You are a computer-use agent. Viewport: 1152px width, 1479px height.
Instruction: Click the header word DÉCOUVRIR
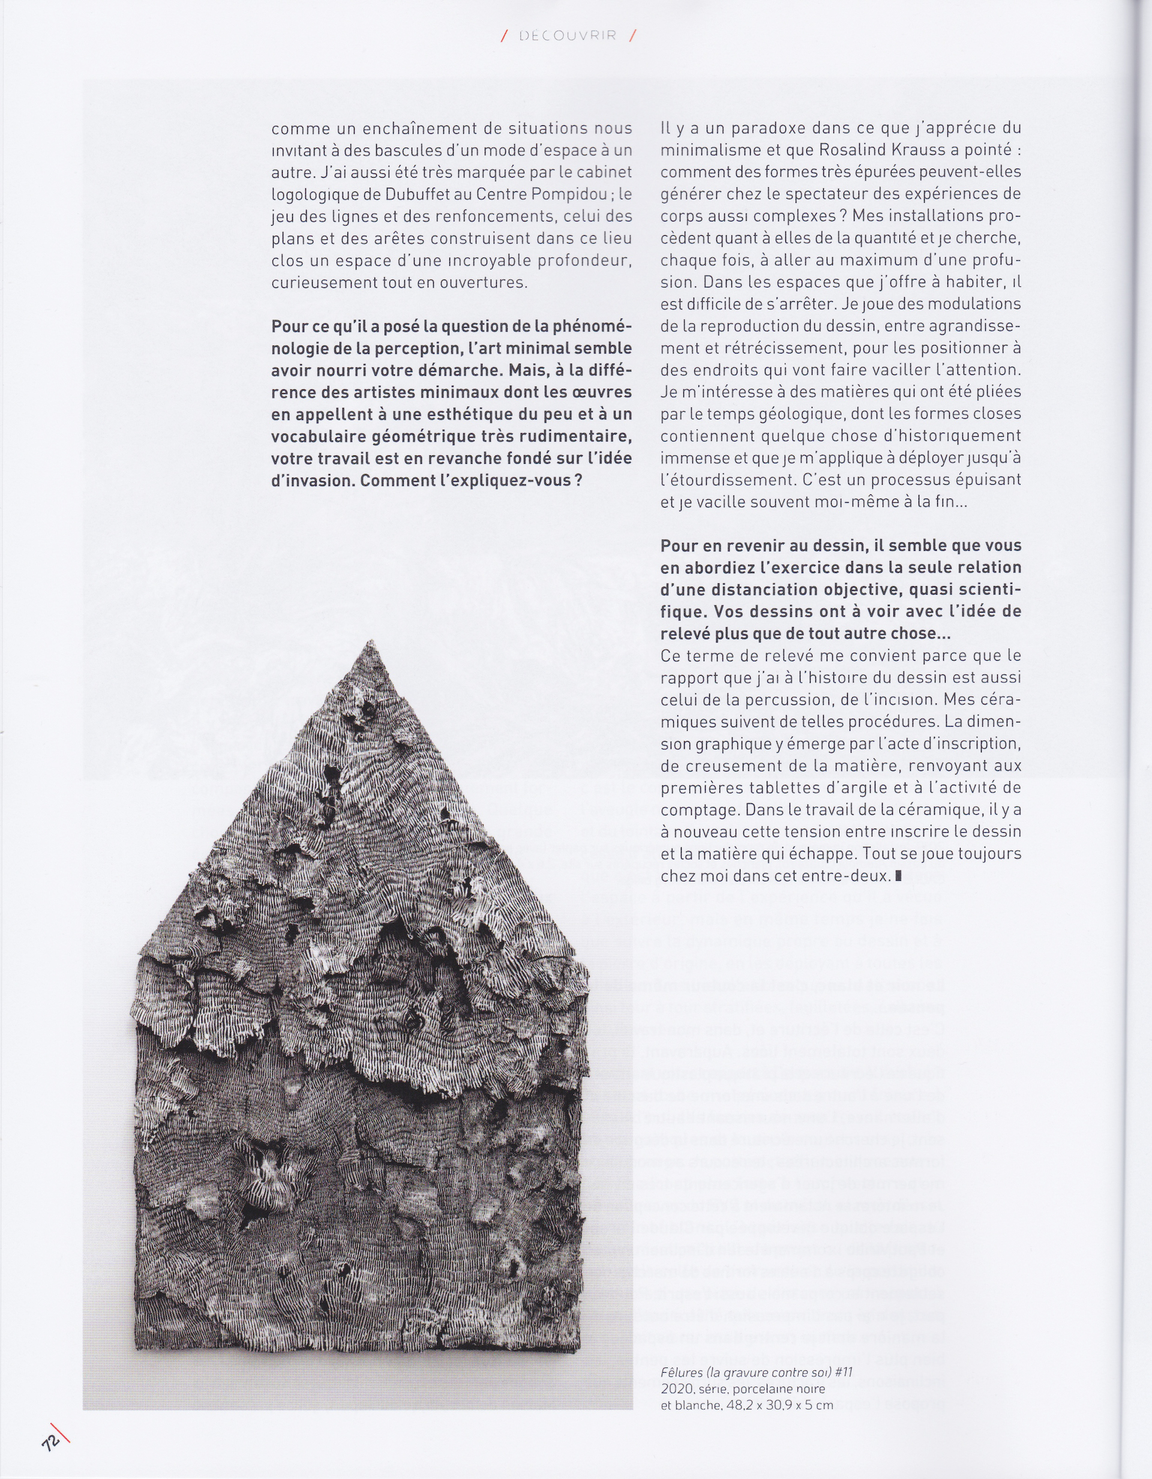coord(568,36)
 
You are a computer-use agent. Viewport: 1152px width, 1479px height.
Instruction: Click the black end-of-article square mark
coord(899,875)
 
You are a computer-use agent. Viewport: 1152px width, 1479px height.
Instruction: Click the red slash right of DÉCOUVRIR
coord(632,36)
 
